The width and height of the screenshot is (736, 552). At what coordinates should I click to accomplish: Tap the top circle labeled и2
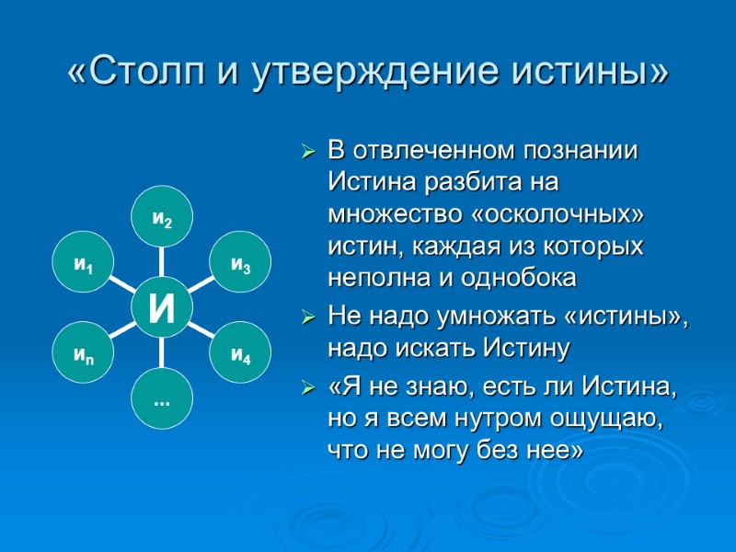(162, 218)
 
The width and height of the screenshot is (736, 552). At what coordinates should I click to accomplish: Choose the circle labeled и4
(240, 352)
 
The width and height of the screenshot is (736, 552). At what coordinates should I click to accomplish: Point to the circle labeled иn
(84, 352)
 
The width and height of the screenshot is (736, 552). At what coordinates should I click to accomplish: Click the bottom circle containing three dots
(162, 397)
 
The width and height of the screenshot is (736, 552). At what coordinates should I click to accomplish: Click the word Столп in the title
(141, 72)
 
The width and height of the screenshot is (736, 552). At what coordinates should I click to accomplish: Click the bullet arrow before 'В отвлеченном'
(309, 151)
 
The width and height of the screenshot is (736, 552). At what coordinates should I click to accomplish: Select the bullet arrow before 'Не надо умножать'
(309, 318)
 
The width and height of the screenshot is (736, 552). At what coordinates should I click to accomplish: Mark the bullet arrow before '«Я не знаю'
(309, 391)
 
